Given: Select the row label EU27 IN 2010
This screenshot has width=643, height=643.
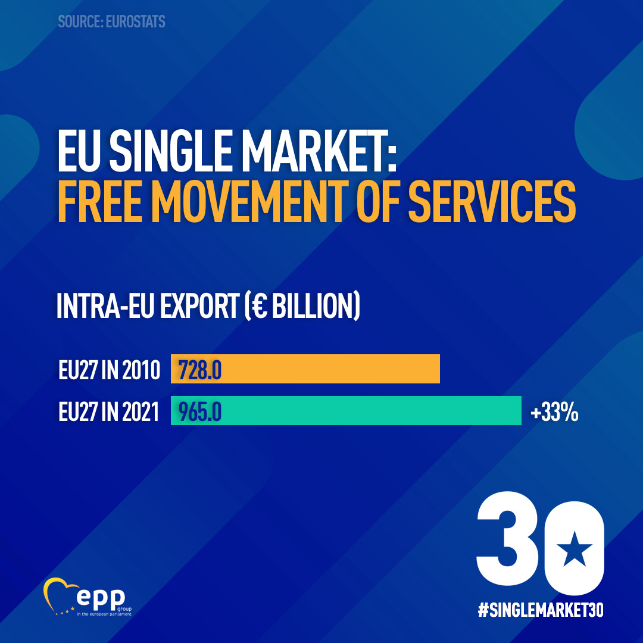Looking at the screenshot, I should [x=110, y=370].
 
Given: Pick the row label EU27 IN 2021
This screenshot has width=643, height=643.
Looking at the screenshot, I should [x=110, y=412].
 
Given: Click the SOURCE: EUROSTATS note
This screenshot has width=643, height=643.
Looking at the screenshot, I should [x=111, y=22].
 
